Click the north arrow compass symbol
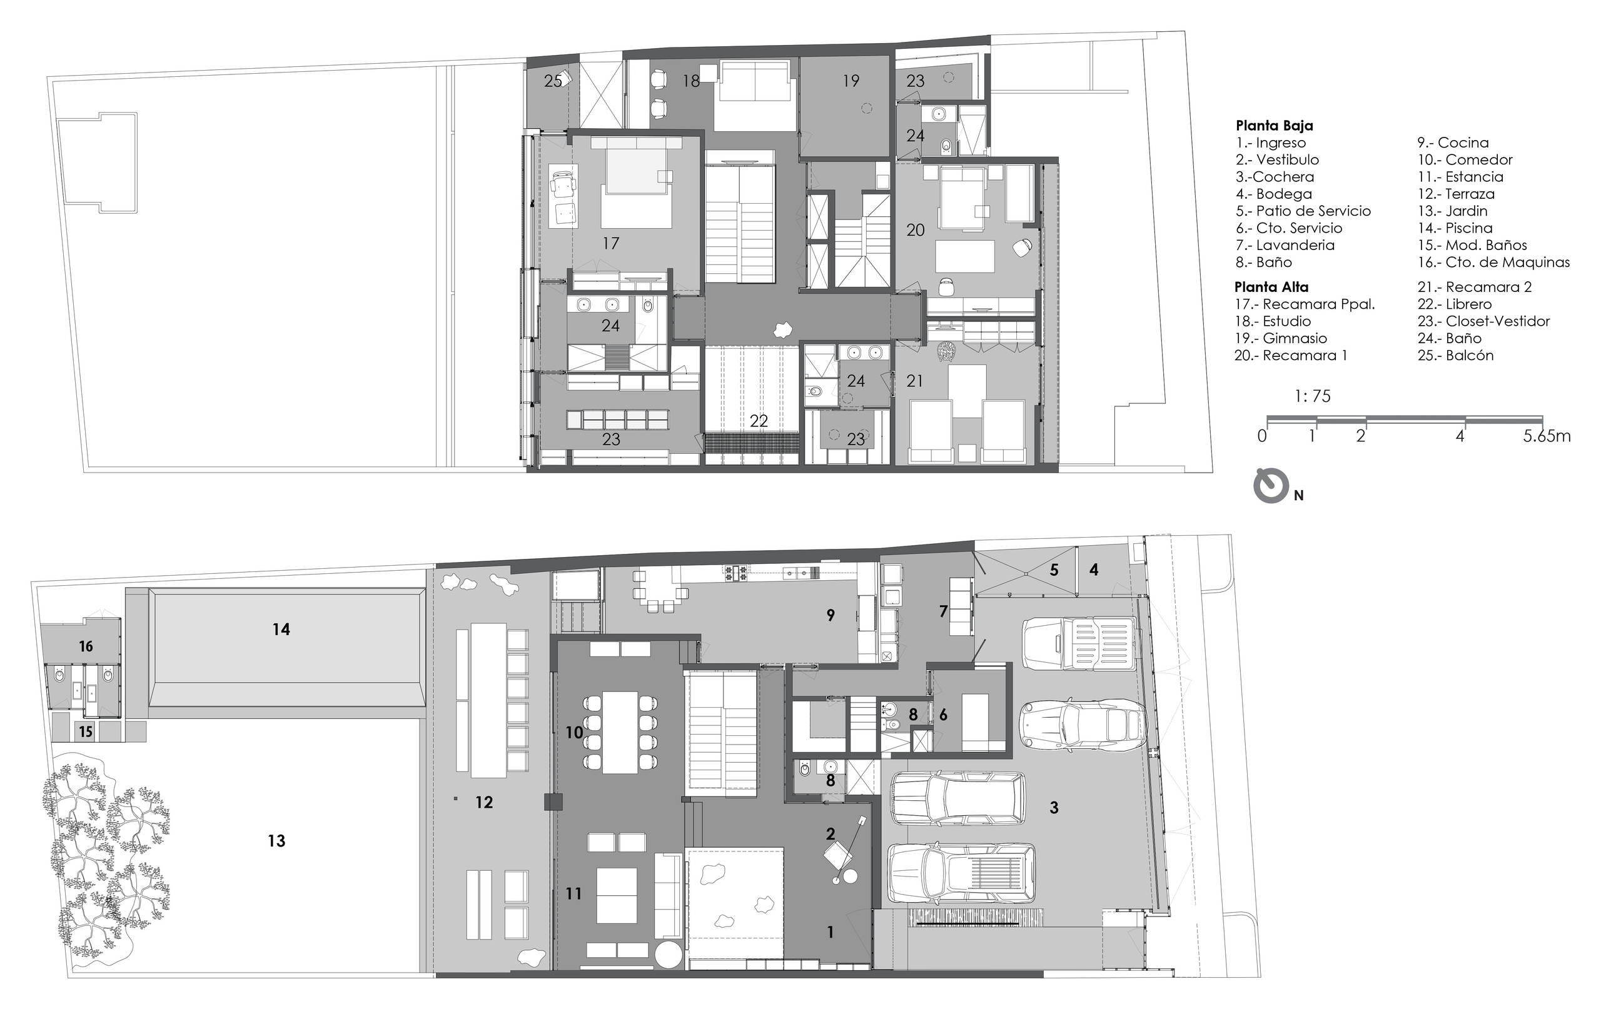pyautogui.click(x=1271, y=486)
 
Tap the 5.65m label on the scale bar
pyautogui.click(x=1547, y=436)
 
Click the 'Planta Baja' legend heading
pyautogui.click(x=1274, y=126)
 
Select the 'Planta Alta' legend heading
pyautogui.click(x=1271, y=287)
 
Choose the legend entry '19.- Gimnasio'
pyautogui.click(x=1281, y=338)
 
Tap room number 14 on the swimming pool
pyautogui.click(x=281, y=629)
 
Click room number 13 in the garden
pyautogui.click(x=276, y=841)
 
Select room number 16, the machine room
pyautogui.click(x=86, y=646)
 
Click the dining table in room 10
pyautogui.click(x=620, y=733)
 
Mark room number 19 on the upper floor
pyautogui.click(x=851, y=81)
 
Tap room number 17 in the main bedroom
pyautogui.click(x=610, y=243)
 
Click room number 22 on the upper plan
pyautogui.click(x=759, y=421)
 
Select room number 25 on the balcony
pyautogui.click(x=552, y=81)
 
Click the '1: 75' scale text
pyautogui.click(x=1313, y=397)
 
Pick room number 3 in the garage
pyautogui.click(x=1054, y=808)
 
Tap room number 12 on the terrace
pyautogui.click(x=484, y=802)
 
